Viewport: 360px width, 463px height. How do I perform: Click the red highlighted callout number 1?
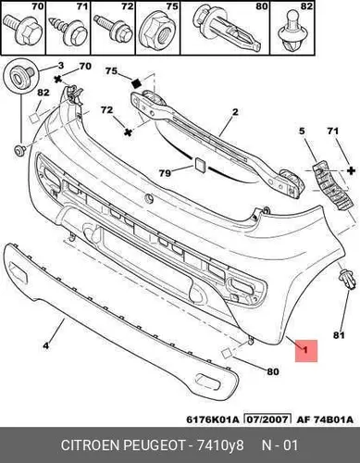(x=306, y=351)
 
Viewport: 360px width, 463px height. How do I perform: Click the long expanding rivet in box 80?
(x=228, y=30)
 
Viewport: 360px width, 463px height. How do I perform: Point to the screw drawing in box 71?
(x=68, y=31)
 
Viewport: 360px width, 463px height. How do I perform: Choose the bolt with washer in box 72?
(x=113, y=29)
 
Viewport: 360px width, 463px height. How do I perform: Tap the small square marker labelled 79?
(x=199, y=164)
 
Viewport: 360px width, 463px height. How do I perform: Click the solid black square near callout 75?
(x=136, y=83)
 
